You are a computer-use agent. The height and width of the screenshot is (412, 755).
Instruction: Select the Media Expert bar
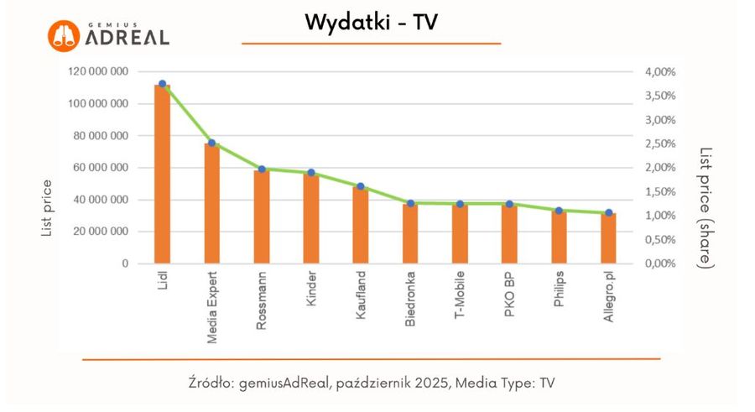[211, 204]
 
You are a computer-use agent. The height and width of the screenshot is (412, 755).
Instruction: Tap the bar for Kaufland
[361, 225]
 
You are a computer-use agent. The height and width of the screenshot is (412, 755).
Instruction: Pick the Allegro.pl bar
[608, 238]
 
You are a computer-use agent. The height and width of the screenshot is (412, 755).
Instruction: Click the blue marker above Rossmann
[262, 169]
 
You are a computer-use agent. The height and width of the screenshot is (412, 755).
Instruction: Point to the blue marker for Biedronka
[410, 203]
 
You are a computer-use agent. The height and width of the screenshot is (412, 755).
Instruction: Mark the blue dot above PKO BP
[509, 204]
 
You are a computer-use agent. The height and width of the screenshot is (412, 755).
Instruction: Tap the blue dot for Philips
[559, 211]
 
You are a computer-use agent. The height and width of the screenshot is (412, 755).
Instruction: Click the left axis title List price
[47, 208]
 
